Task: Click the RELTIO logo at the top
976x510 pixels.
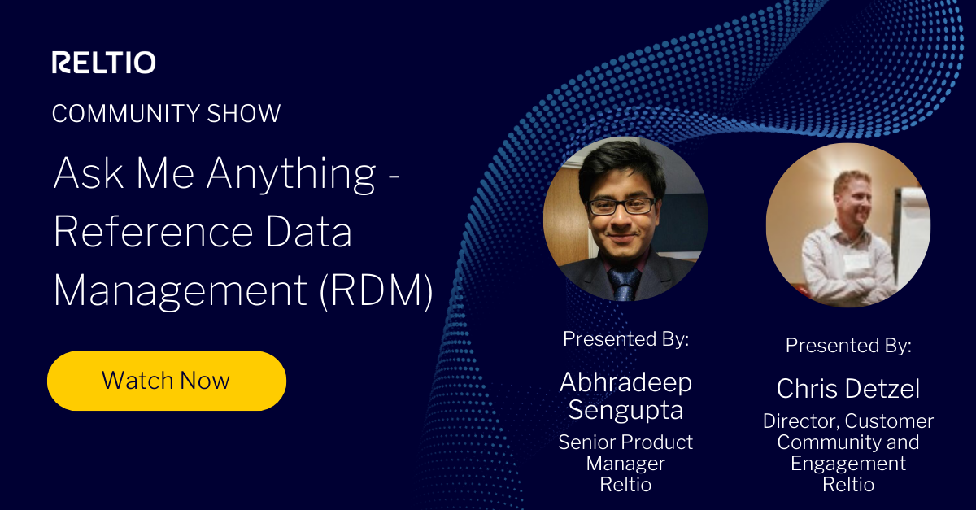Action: click(103, 63)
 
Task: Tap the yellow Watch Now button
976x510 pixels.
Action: click(166, 380)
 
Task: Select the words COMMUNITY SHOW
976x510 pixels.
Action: click(166, 113)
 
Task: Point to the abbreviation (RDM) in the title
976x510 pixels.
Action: click(375, 290)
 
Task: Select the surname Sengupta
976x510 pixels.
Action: click(625, 409)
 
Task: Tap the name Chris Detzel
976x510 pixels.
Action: click(848, 389)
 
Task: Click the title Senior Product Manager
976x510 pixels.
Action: click(625, 452)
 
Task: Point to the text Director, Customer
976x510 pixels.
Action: click(848, 421)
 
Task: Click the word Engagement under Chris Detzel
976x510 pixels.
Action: click(848, 464)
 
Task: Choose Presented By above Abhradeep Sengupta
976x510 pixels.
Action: click(625, 338)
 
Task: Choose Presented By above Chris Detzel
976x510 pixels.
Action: click(848, 345)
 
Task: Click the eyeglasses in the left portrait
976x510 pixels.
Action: click(621, 206)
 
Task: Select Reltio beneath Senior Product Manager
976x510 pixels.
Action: click(625, 485)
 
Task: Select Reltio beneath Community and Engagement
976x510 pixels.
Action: click(848, 485)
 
